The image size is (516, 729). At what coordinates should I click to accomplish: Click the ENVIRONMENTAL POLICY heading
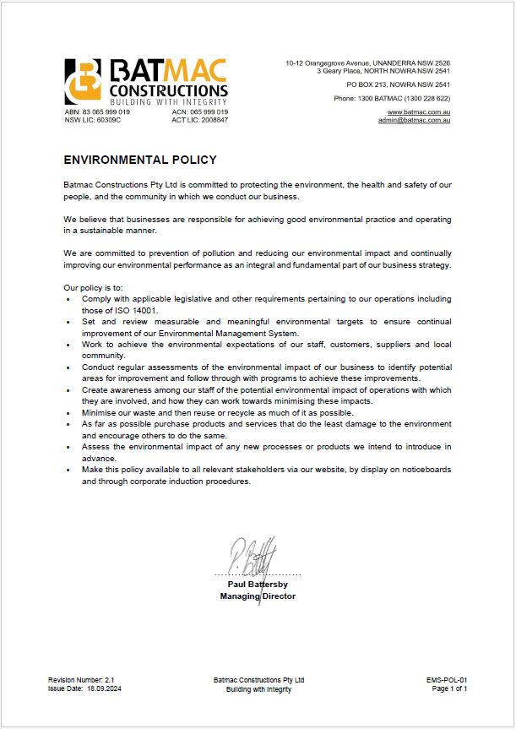tap(140, 160)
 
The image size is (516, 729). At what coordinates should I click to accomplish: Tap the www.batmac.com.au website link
tap(418, 112)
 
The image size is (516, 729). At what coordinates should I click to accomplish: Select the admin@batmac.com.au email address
tap(414, 120)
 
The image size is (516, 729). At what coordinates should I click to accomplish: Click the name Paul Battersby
tap(258, 584)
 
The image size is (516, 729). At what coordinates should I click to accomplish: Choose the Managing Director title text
tap(258, 596)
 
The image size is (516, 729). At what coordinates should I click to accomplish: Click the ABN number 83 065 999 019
tap(106, 112)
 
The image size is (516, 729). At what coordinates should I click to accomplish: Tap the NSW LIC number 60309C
tap(107, 120)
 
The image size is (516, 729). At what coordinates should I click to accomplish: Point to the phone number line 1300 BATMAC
tap(392, 99)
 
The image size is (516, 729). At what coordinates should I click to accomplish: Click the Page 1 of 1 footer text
tap(449, 689)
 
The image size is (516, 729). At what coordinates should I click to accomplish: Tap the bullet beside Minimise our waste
tap(68, 413)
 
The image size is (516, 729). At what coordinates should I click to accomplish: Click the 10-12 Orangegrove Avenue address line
tap(367, 63)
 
